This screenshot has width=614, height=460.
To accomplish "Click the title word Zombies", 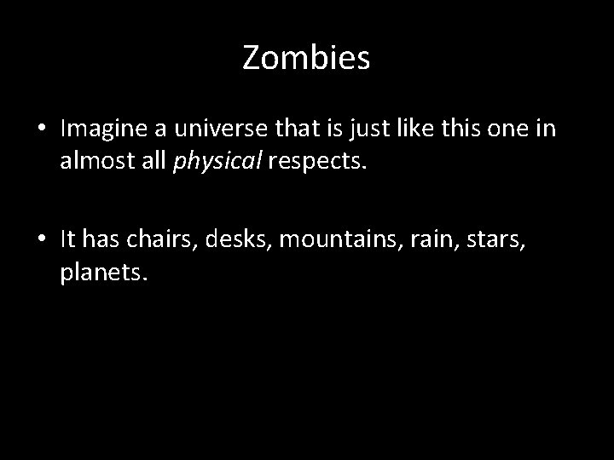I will pyautogui.click(x=306, y=58).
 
